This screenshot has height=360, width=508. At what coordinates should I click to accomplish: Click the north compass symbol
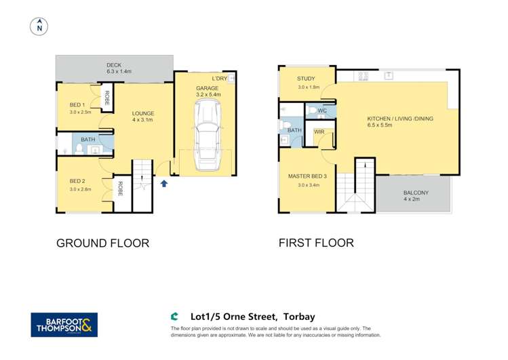[39, 26]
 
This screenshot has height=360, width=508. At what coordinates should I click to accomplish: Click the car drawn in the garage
[207, 142]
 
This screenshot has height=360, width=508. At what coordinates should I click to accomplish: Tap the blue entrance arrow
[163, 182]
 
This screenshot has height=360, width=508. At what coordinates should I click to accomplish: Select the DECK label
[114, 65]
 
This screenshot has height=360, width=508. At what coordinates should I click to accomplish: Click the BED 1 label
[77, 104]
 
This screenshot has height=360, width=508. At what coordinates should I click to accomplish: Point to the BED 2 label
[77, 181]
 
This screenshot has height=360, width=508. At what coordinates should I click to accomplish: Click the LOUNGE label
[143, 113]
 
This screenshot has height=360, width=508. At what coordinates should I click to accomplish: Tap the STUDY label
[307, 79]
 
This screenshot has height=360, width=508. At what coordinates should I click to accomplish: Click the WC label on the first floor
[322, 110]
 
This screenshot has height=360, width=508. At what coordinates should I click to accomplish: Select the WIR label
[318, 131]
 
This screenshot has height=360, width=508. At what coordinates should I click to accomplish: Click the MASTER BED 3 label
[307, 176]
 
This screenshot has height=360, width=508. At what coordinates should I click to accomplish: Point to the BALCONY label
[415, 192]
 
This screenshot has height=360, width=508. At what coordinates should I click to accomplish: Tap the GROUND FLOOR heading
[102, 243]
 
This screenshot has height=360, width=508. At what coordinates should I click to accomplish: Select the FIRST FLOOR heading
[316, 243]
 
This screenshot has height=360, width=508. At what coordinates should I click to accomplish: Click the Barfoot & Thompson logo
[64, 325]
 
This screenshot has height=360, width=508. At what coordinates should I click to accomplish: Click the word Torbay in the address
[298, 317]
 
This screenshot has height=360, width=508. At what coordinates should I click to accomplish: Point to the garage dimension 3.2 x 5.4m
[208, 95]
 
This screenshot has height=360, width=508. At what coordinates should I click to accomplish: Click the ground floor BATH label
[88, 140]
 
